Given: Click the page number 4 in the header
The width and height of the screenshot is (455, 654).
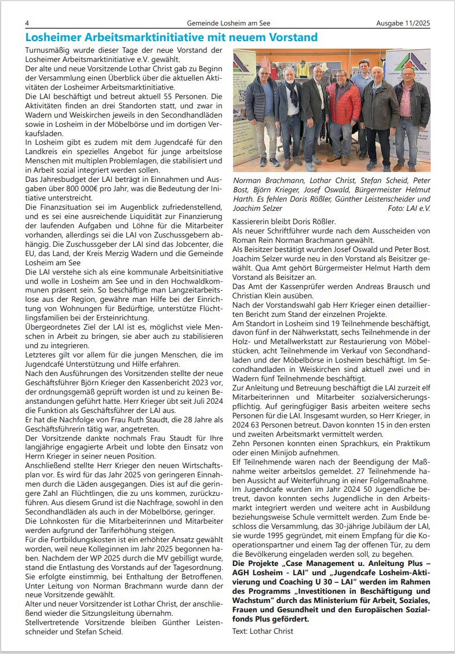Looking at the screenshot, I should [x=27, y=23].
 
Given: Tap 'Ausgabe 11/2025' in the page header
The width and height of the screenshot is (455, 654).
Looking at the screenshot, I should [x=403, y=23].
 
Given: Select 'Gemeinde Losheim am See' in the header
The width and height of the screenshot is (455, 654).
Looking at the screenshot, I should [x=228, y=23].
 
